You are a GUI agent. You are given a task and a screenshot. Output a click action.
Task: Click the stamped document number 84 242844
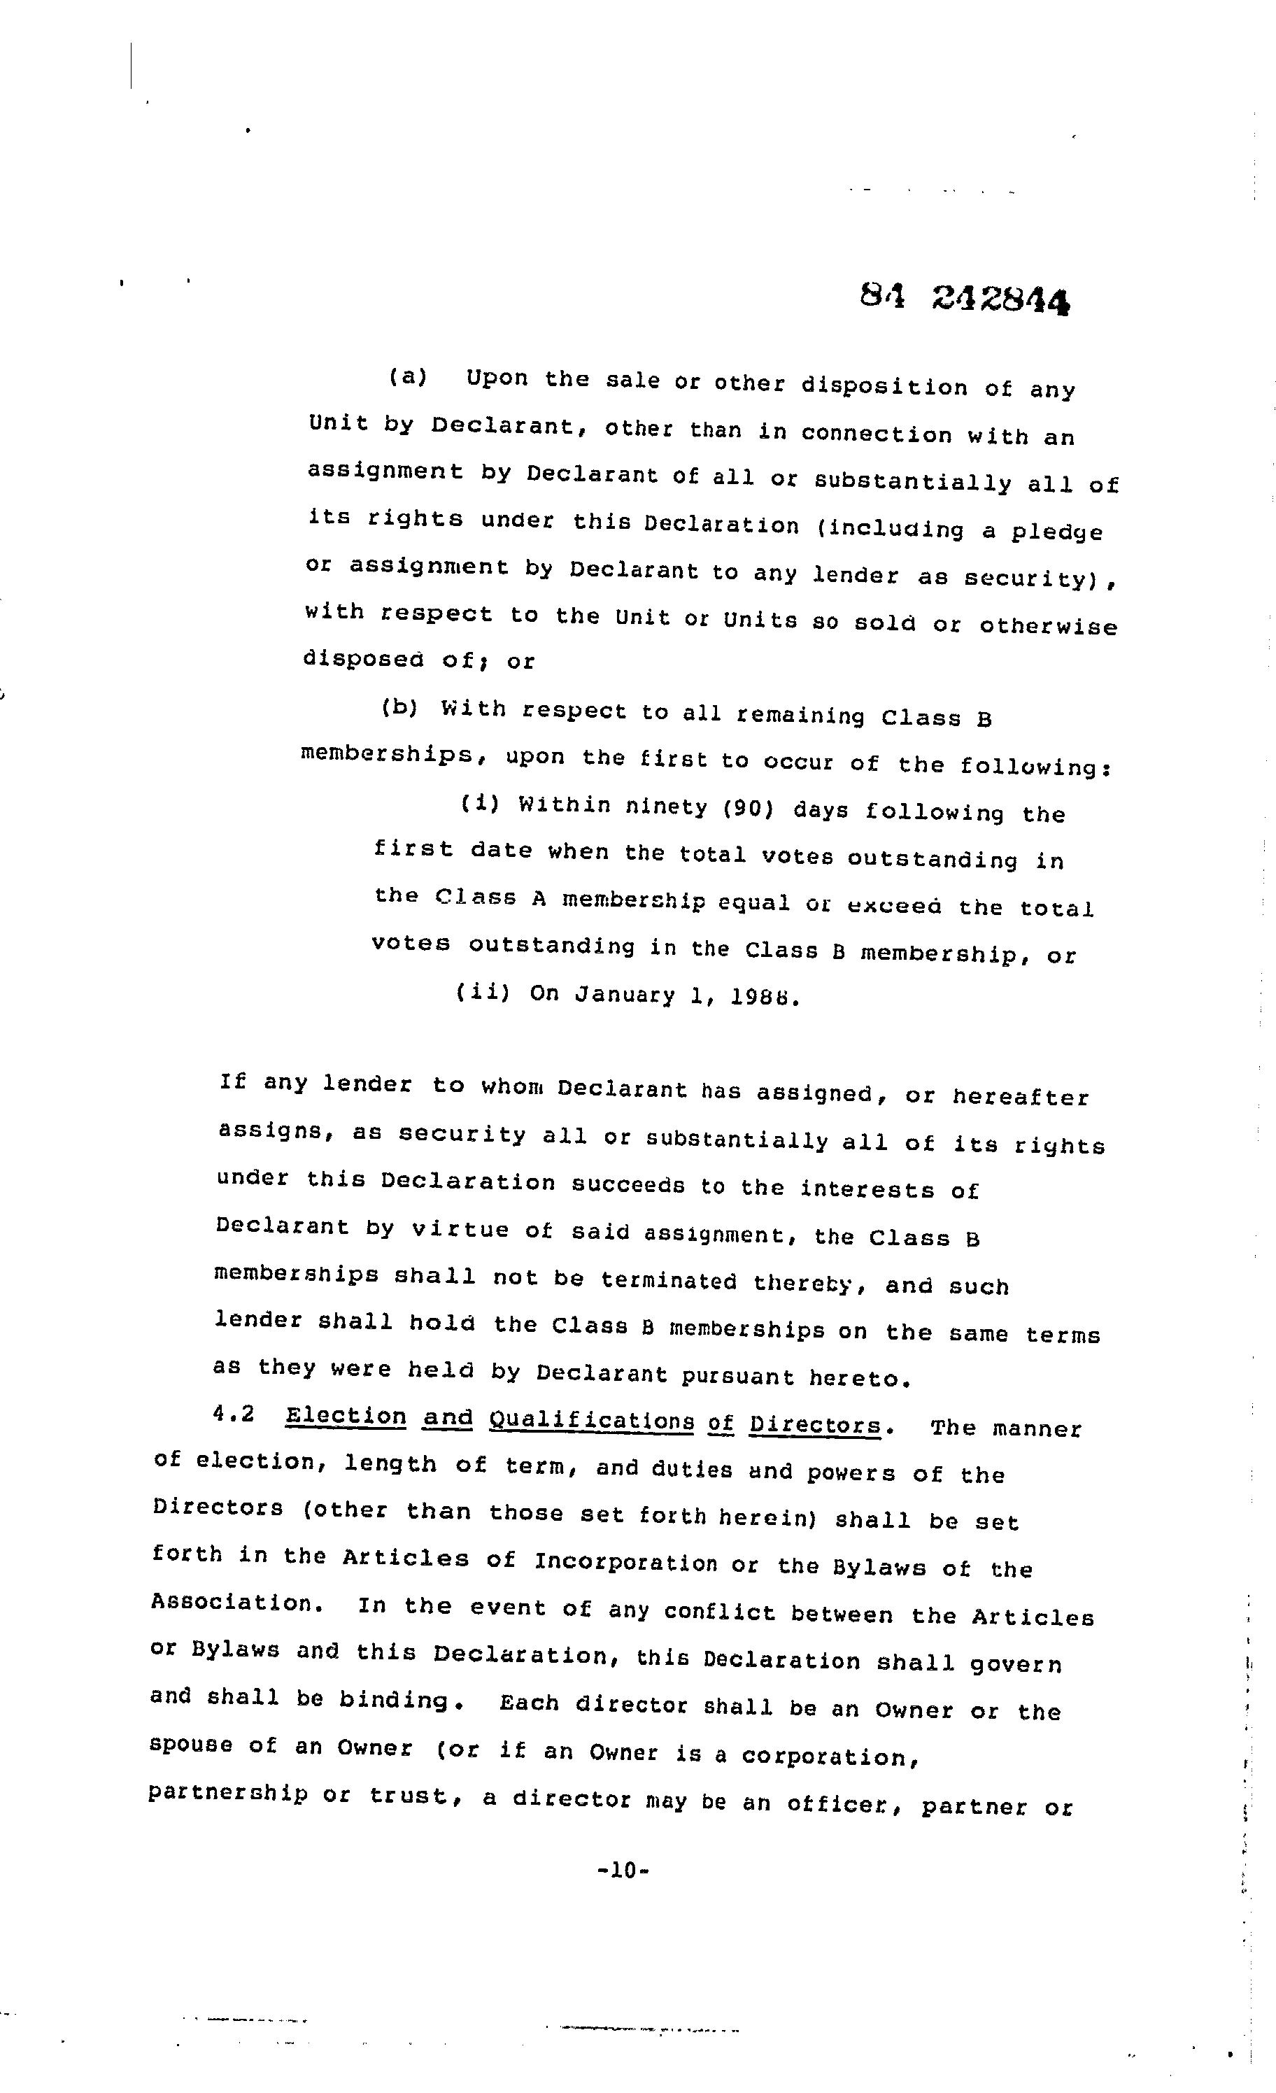coord(963,298)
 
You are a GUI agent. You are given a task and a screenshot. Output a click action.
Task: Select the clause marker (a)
coord(408,376)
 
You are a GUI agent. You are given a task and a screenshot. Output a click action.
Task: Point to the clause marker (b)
coord(399,708)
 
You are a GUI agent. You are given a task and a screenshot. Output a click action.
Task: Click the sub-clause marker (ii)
coord(483,991)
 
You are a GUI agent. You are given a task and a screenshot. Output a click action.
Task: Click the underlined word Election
coord(346,1416)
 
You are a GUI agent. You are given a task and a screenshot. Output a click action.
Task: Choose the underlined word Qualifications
coord(591,1421)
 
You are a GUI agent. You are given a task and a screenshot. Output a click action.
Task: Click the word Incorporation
coord(625,1562)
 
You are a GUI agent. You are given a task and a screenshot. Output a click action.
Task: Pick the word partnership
coord(227,1795)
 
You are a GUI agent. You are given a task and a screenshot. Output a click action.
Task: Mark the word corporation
coord(828,1757)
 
